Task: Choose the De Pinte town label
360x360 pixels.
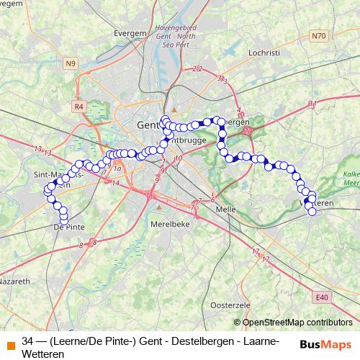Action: coord(69,227)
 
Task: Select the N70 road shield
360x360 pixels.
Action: coord(318,35)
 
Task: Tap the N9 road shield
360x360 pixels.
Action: coord(71,63)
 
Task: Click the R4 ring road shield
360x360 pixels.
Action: coord(78,107)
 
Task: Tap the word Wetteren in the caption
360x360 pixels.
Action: coord(43,354)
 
